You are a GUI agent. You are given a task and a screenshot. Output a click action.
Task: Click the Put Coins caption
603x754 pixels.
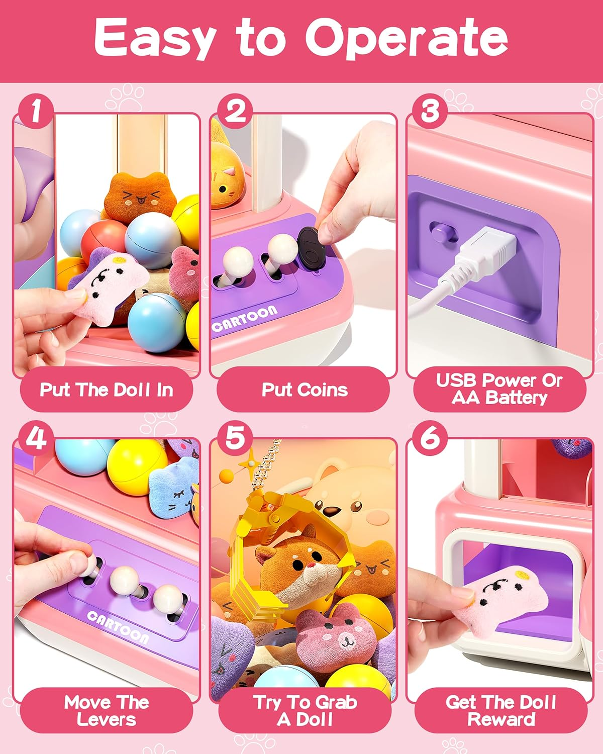pyautogui.click(x=304, y=390)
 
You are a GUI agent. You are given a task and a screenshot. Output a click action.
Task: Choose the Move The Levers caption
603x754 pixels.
pyautogui.click(x=107, y=710)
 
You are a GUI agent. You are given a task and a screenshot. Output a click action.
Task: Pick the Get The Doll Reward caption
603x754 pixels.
pyautogui.click(x=500, y=710)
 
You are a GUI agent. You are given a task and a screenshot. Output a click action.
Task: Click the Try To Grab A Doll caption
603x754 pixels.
pyautogui.click(x=305, y=710)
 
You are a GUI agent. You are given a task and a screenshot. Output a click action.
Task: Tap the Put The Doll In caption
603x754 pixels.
pyautogui.click(x=107, y=390)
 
